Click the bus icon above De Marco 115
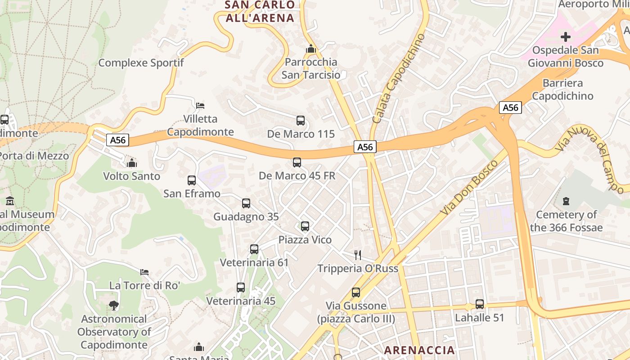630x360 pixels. click(301, 121)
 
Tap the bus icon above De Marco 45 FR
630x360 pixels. click(297, 162)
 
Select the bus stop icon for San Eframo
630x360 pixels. click(192, 180)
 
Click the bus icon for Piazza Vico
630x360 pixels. click(305, 226)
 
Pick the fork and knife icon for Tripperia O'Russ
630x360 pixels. click(358, 255)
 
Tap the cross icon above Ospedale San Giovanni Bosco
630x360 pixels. click(566, 36)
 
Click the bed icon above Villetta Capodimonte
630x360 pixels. click(200, 106)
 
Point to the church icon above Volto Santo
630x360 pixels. click(132, 163)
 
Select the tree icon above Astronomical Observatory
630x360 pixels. click(114, 306)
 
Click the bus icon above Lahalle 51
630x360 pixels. click(480, 304)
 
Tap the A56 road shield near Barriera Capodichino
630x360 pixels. click(510, 108)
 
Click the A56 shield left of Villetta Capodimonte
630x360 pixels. click(118, 140)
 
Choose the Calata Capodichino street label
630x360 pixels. click(399, 79)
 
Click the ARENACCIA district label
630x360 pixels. click(419, 350)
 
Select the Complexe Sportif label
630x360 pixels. click(141, 63)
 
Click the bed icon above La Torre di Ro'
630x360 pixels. click(144, 272)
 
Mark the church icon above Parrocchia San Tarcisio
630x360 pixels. click(310, 49)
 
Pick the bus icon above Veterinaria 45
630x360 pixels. click(241, 288)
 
